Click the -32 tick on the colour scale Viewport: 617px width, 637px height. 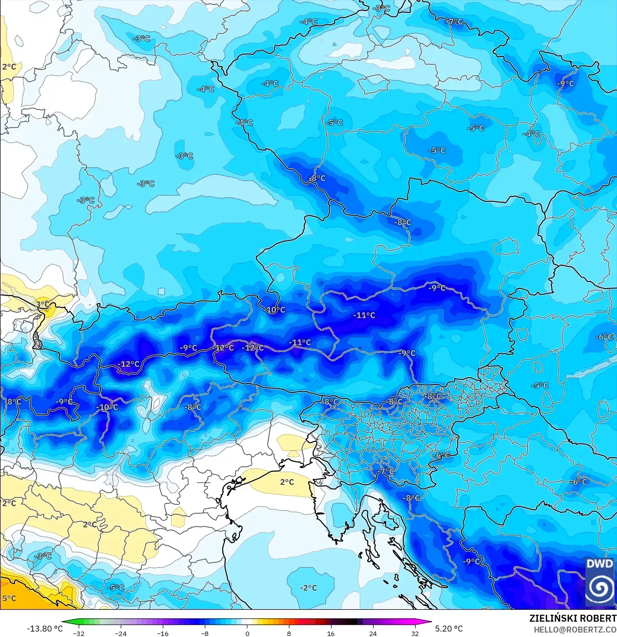click(78, 633)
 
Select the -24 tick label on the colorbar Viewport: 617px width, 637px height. click(121, 633)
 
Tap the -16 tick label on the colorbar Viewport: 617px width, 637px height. click(163, 633)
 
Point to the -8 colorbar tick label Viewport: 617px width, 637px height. click(205, 633)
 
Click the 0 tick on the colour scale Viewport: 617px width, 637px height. click(247, 633)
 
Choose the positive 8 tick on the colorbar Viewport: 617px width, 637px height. click(289, 633)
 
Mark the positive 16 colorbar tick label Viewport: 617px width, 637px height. click(331, 633)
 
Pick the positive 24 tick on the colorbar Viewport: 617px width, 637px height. click(373, 633)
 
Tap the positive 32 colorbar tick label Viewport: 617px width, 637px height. click(415, 633)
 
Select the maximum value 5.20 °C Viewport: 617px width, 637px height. click(449, 629)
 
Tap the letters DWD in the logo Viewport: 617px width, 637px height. click(599, 564)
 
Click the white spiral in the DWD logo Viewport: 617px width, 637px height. click(599, 588)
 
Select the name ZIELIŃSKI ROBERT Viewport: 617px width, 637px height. click(572, 618)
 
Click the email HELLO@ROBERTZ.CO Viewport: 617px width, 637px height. click(575, 630)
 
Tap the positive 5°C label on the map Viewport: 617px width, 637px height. click(9, 598)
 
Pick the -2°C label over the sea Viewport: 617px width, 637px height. click(308, 588)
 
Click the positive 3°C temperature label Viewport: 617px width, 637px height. click(43, 304)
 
